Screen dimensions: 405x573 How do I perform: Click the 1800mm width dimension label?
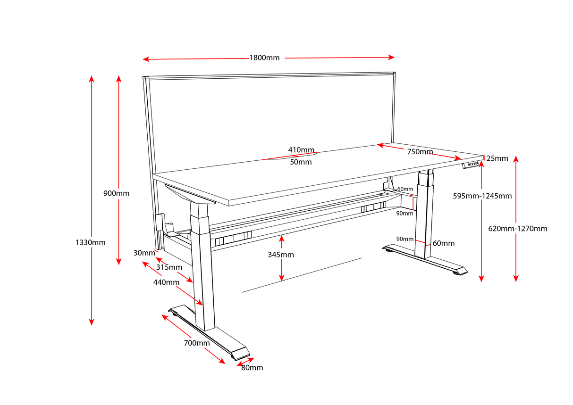pyautogui.click(x=264, y=58)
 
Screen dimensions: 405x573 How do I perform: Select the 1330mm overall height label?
pyautogui.click(x=90, y=242)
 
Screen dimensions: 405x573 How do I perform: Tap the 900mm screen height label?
pyautogui.click(x=116, y=193)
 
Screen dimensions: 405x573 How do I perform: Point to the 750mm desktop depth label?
pyautogui.click(x=420, y=151)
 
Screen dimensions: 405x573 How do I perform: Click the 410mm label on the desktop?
pyautogui.click(x=301, y=150)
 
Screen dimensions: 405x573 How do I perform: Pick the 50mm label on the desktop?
pyautogui.click(x=301, y=162)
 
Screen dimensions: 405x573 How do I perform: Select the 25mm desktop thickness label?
pyautogui.click(x=497, y=158)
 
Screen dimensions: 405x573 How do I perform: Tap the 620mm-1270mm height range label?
pyautogui.click(x=518, y=228)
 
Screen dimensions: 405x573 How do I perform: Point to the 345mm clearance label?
pyautogui.click(x=281, y=255)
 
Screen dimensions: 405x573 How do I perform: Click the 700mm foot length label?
pyautogui.click(x=197, y=343)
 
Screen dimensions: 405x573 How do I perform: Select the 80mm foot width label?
pyautogui.click(x=252, y=367)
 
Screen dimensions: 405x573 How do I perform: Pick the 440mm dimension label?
pyautogui.click(x=166, y=282)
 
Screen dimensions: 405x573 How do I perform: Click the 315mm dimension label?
pyautogui.click(x=169, y=267)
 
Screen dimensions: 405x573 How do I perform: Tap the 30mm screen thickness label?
pyautogui.click(x=144, y=253)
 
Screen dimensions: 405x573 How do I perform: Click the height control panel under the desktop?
pyautogui.click(x=472, y=165)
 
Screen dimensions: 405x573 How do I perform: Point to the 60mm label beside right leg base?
pyautogui.click(x=443, y=243)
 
